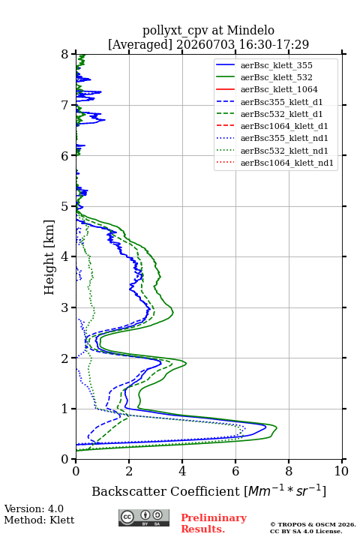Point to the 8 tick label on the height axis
tap(65, 55)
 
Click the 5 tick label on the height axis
tap(65, 206)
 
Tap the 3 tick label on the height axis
tap(65, 307)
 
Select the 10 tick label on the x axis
tap(341, 471)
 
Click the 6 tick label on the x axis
tap(235, 471)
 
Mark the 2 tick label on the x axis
tap(129, 471)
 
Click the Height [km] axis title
tap(49, 257)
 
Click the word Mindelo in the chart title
tap(250, 30)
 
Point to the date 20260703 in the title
tap(205, 44)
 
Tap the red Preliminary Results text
tap(214, 523)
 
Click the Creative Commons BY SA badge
tap(144, 517)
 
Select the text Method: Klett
tap(39, 520)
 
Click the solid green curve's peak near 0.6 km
tap(277, 428)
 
